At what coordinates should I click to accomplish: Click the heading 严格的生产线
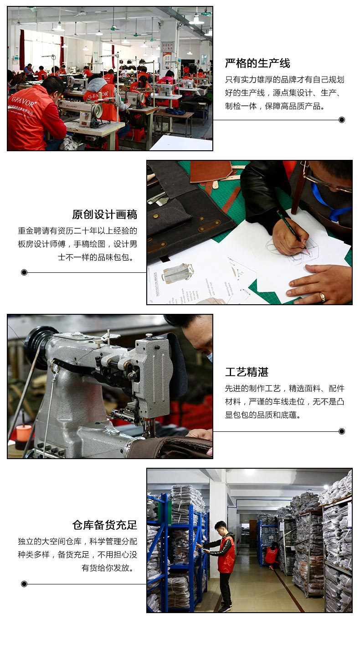click(x=257, y=63)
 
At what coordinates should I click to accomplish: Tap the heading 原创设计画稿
click(x=105, y=215)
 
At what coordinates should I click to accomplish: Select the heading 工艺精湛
click(x=247, y=372)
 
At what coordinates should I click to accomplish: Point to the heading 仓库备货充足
click(x=105, y=525)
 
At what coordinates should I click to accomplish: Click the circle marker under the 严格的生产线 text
click(x=342, y=120)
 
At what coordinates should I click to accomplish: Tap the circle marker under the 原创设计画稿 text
click(x=24, y=272)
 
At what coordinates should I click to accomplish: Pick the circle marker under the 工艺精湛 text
click(x=342, y=431)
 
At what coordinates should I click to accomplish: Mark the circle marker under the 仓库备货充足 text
click(x=24, y=584)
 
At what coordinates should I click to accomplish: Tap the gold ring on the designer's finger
click(x=323, y=297)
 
